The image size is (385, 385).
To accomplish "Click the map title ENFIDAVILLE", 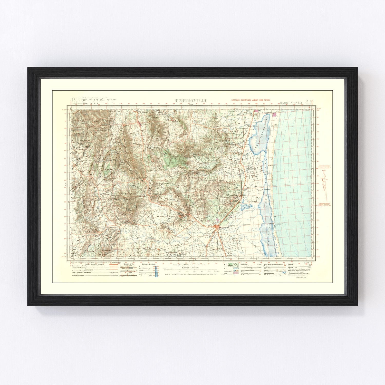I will coord(191,100).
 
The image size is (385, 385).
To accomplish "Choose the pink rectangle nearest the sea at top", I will coord(275,114).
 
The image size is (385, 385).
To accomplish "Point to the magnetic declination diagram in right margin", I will coord(325,185).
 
